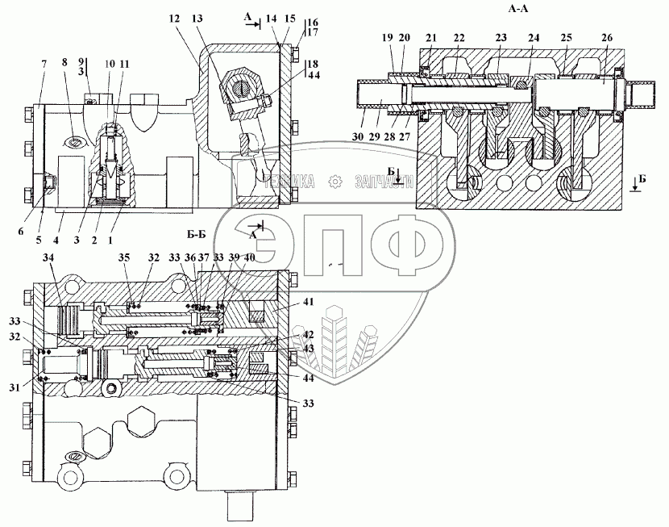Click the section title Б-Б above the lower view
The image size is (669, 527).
[x=198, y=235]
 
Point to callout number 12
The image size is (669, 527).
[x=175, y=19]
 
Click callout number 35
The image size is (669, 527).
[x=123, y=258]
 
